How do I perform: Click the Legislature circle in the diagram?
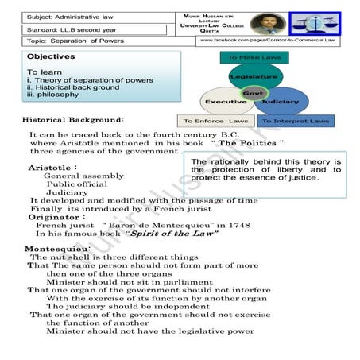(254, 77)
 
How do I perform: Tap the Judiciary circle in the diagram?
(279, 102)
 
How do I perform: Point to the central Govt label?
(253, 94)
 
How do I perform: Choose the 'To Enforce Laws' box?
(217, 122)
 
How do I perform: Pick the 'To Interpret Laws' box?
(298, 122)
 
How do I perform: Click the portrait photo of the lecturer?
(262, 22)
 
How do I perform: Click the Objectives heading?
(51, 57)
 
